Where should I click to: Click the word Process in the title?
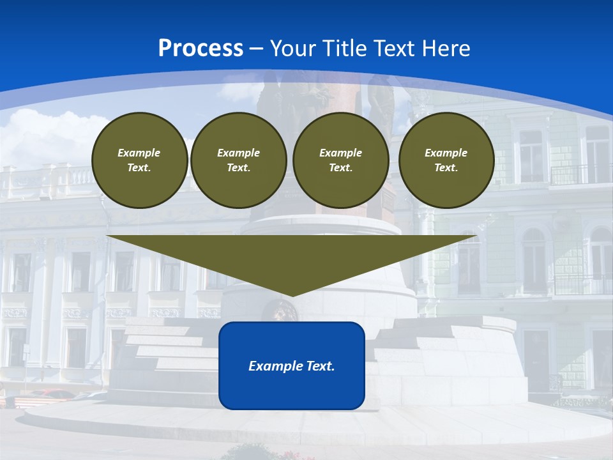201,49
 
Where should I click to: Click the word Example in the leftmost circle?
139,153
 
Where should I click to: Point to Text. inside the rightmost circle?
446,168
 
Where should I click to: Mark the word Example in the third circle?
341,153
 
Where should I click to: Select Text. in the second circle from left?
239,168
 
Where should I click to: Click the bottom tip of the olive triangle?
292,295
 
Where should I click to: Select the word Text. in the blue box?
321,366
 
